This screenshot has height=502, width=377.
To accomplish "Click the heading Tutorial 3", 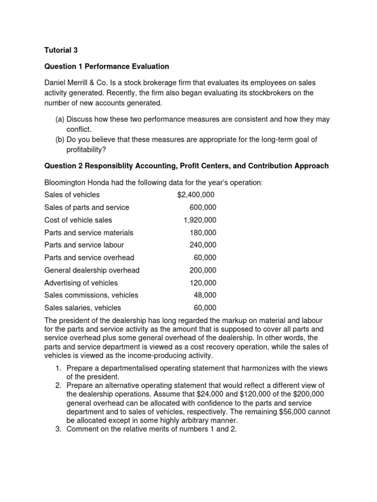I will coord(61,50).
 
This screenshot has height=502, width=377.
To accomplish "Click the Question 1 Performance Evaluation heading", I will coord(107,66).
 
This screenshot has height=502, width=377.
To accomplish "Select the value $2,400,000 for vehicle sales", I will coord(195,195).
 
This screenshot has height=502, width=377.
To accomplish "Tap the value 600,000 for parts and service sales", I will coord(203,207).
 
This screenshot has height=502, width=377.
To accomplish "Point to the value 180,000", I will coord(203,233).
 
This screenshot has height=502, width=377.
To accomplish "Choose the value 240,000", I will coord(203,245).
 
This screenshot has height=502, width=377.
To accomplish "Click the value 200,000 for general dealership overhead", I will coord(203,270).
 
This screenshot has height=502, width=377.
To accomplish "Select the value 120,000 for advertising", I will coord(203,283).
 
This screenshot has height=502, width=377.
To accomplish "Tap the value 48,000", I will coord(205,295).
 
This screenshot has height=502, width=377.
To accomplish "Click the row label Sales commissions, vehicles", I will coord(91,295).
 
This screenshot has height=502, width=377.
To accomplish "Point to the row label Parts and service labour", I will coord(84,245).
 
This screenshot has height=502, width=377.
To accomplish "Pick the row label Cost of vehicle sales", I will coord(78,220).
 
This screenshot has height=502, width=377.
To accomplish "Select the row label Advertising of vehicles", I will coord(81,283).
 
